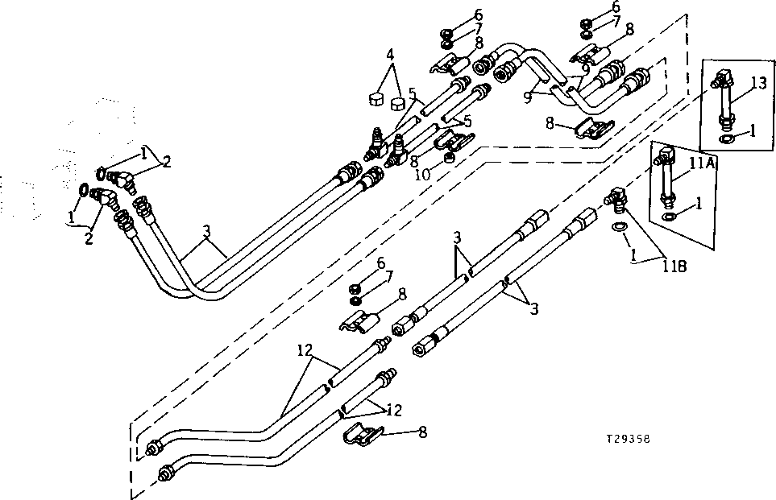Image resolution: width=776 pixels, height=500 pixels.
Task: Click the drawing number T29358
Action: click(x=629, y=440)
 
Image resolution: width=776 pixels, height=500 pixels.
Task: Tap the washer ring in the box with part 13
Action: click(x=728, y=138)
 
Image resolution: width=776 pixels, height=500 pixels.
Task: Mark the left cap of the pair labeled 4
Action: click(x=374, y=99)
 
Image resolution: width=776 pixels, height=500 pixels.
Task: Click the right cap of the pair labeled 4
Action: click(x=397, y=104)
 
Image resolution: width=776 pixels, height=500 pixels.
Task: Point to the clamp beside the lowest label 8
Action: click(x=357, y=436)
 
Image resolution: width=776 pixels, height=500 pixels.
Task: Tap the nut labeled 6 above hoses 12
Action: click(x=354, y=288)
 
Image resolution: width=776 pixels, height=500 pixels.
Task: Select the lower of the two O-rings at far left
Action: click(x=85, y=190)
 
